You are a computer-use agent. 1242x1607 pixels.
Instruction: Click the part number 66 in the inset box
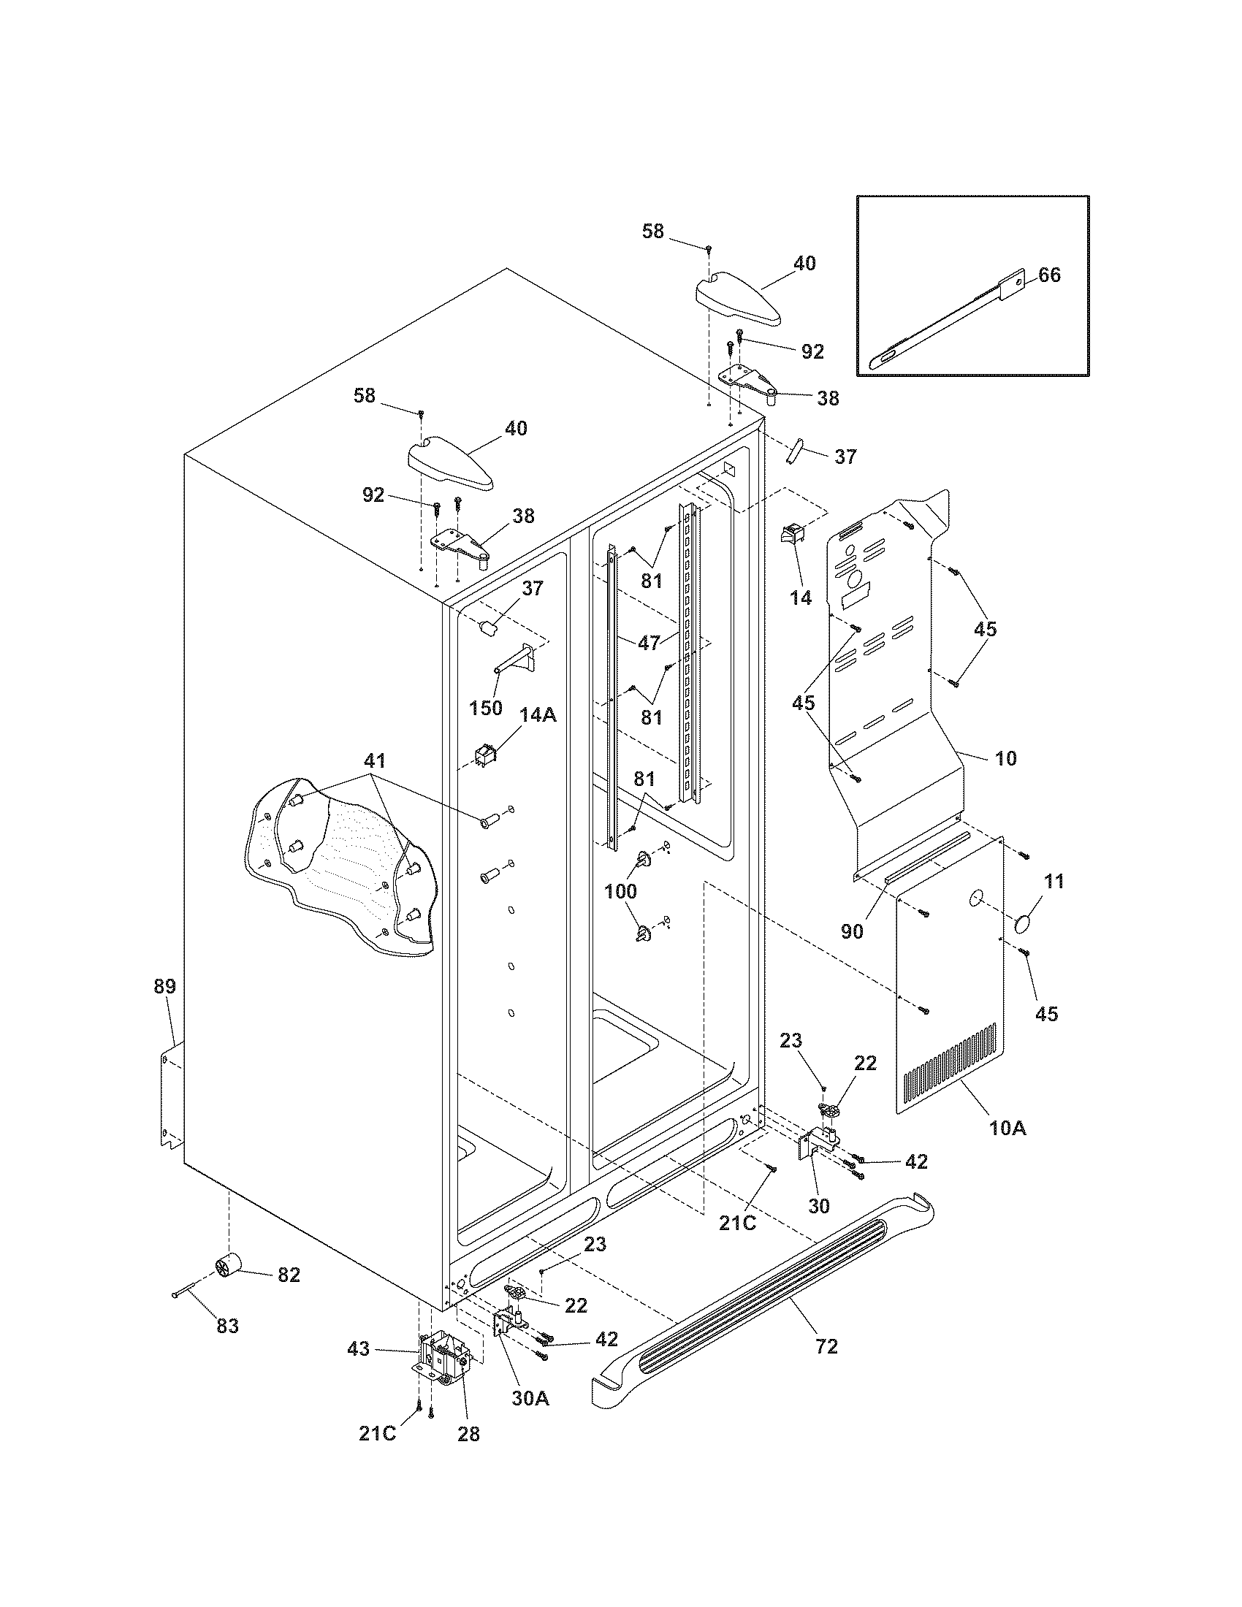click(1049, 275)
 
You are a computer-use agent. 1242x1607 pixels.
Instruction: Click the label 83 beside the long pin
click(228, 1326)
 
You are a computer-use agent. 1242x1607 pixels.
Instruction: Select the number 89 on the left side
click(165, 987)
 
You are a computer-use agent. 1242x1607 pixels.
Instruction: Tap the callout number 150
click(486, 708)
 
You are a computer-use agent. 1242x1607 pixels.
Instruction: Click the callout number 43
click(359, 1349)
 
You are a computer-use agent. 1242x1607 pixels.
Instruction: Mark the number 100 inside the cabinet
click(621, 891)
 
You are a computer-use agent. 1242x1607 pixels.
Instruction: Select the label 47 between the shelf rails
click(648, 642)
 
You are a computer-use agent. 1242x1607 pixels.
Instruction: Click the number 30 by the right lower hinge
click(819, 1205)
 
